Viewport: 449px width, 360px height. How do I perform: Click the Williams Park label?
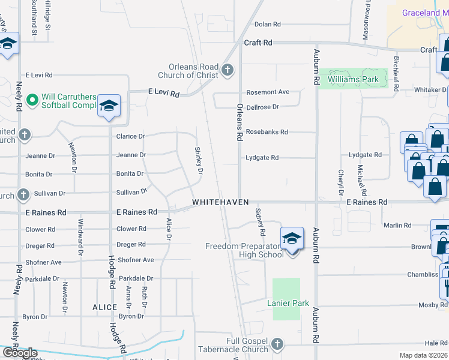pos(353,79)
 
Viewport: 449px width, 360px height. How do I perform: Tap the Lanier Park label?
pos(288,303)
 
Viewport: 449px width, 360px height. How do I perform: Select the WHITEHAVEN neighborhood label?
pos(220,202)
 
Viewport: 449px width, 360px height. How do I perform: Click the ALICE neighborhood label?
pos(104,307)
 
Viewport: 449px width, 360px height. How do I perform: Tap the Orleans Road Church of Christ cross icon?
pos(227,71)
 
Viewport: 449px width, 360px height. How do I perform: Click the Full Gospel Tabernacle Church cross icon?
pos(277,344)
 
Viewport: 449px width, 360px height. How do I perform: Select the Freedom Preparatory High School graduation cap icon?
pos(292,239)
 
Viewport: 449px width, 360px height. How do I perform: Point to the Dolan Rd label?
pos(268,25)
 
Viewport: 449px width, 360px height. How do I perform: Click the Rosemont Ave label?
pos(268,92)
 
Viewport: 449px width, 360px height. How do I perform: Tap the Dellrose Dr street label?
pos(263,107)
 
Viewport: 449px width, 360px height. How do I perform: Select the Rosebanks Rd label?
pos(267,132)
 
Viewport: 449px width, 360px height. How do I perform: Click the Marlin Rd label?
pos(399,226)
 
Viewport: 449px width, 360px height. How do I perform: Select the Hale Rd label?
pos(436,343)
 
